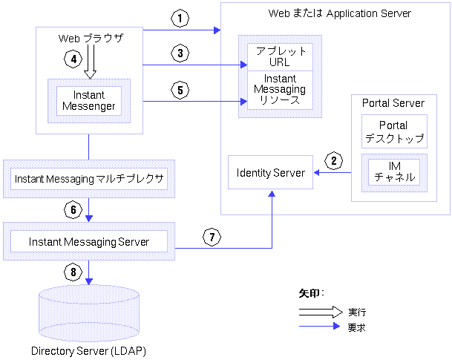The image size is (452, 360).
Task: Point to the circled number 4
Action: pos(72,58)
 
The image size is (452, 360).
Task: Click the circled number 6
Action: pos(72,209)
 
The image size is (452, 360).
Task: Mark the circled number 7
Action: pos(212,238)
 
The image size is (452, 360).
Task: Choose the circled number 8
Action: pos(72,272)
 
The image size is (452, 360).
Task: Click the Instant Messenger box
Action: pos(89,100)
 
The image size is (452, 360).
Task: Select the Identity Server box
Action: pos(271,173)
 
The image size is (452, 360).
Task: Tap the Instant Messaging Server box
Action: pos(89,242)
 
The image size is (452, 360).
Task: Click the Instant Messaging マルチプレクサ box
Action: pos(89,178)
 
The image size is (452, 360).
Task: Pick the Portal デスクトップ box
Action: pos(393,131)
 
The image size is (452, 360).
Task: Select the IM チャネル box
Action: pos(393,172)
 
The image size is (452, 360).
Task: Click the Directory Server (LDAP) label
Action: pos(88,350)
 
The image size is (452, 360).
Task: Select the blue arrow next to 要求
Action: pos(320,327)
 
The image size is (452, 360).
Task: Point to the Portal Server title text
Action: pos(393,102)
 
